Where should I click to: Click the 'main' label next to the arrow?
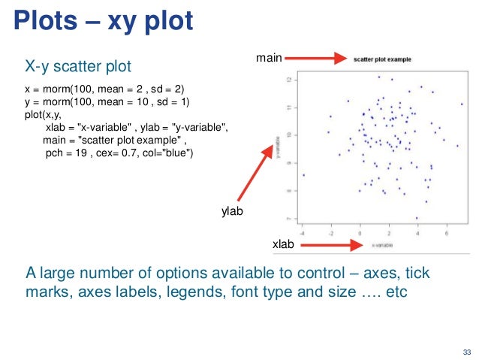[268, 56]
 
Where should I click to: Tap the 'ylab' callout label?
[232, 213]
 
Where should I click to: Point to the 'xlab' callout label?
[283, 246]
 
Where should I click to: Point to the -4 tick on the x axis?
[302, 232]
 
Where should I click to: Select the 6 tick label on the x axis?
[447, 232]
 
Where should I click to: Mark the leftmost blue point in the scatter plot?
[303, 175]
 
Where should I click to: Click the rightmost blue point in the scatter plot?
[462, 104]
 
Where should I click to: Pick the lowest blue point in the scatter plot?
[416, 218]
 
